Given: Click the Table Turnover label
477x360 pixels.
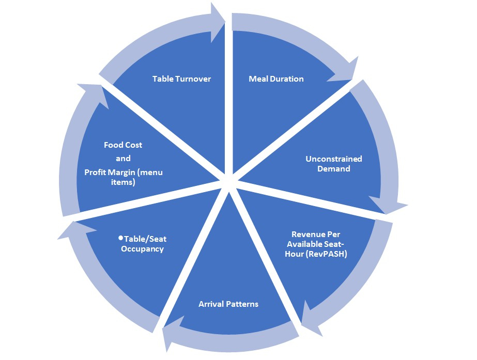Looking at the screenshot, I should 182,79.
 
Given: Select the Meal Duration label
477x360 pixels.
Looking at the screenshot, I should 276,79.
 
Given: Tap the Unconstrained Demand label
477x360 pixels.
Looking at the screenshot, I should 333,163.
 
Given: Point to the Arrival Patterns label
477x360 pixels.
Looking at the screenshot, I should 228,304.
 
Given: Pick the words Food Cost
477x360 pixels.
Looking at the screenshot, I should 123,145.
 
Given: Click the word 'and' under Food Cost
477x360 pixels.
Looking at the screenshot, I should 123,158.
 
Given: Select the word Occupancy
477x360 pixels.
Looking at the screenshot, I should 147,249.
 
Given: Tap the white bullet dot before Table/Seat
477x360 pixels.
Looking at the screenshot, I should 120,238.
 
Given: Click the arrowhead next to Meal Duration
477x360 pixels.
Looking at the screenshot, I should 344,72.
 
